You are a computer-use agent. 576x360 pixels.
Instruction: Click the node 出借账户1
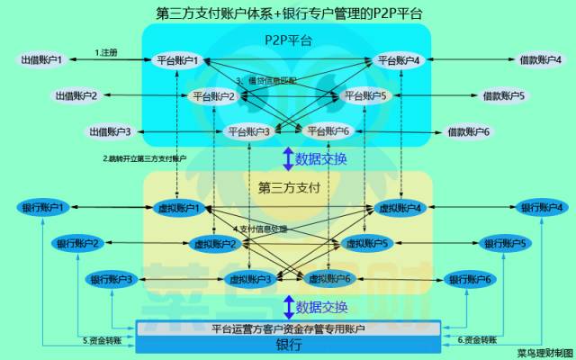42,60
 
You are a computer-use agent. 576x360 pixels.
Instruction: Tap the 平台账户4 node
398,60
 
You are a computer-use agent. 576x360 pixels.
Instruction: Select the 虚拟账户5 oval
364,243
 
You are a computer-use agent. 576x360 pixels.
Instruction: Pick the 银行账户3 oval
110,279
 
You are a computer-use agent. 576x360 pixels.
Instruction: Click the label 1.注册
106,52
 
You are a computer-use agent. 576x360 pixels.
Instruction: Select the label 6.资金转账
477,340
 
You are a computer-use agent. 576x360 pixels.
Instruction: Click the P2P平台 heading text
288,41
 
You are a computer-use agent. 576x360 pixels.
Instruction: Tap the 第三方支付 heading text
288,188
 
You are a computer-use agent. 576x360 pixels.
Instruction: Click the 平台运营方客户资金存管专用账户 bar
288,329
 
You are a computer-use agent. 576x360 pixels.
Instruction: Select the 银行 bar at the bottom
288,345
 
